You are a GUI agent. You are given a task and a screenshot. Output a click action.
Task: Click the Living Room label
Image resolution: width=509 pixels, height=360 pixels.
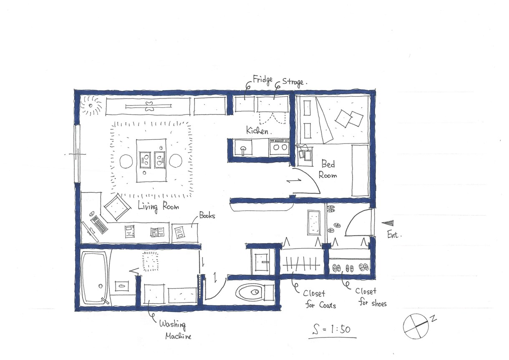(159, 207)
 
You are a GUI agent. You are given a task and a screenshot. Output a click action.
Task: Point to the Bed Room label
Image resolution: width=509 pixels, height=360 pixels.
(328, 169)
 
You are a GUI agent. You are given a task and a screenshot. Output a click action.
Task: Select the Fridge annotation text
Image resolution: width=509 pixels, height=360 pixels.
(263, 80)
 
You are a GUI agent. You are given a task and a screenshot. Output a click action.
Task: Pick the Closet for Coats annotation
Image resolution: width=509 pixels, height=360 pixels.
(319, 300)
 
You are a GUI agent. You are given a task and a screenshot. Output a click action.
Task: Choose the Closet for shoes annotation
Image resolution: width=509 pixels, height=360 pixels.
(371, 297)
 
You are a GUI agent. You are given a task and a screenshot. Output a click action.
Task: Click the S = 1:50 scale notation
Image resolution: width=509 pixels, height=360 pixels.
(332, 329)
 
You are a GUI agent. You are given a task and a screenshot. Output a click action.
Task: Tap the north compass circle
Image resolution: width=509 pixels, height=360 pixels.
(416, 326)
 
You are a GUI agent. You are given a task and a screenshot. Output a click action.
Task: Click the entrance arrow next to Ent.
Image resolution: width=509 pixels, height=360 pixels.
(388, 223)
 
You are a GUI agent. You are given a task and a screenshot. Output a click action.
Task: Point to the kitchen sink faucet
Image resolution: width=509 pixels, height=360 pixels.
(243, 150)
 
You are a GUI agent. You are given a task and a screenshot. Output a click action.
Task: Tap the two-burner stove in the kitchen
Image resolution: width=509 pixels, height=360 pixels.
(279, 147)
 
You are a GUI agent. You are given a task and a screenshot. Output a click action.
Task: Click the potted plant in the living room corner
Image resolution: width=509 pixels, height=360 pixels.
(91, 106)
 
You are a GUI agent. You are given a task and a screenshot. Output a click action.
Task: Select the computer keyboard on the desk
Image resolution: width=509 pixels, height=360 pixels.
(99, 224)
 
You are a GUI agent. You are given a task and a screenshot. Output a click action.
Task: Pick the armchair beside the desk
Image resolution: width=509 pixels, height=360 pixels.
(118, 207)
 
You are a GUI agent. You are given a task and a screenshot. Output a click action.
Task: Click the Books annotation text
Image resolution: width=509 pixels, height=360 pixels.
(207, 215)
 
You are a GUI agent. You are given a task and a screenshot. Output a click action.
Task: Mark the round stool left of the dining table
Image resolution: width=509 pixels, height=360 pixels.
(126, 161)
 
